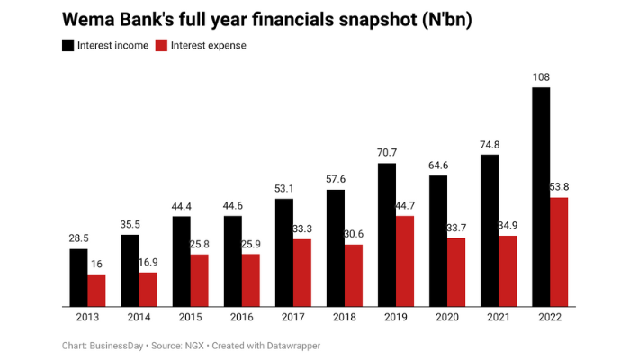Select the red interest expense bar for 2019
pyautogui.click(x=405, y=261)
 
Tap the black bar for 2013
pyautogui.click(x=78, y=277)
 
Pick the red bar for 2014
pyautogui.click(x=148, y=289)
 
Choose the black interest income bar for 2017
pyautogui.click(x=284, y=252)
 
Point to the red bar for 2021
pyautogui.click(x=507, y=271)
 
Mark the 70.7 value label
pyautogui.click(x=387, y=154)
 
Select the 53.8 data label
pyautogui.click(x=560, y=187)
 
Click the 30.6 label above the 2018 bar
pyautogui.click(x=354, y=235)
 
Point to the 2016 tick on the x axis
pyautogui.click(x=242, y=318)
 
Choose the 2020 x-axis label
pyautogui.click(x=447, y=318)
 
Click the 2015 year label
pyautogui.click(x=191, y=318)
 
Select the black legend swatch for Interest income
pyautogui.click(x=67, y=45)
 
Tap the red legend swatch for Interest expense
pyautogui.click(x=161, y=45)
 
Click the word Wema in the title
pyautogui.click(x=88, y=19)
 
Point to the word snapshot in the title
pyautogui.click(x=372, y=19)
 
